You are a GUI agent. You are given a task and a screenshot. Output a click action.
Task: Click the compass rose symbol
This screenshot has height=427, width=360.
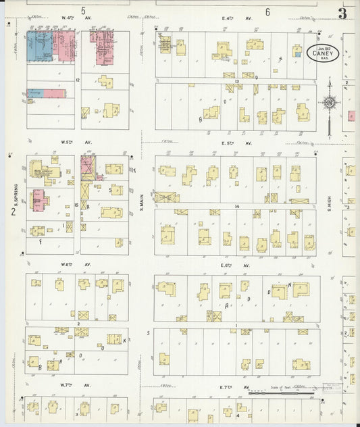click(330, 103)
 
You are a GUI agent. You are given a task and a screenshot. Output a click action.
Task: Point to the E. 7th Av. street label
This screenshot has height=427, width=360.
click(236, 387)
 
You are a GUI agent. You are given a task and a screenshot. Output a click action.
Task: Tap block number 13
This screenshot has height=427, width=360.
click(237, 80)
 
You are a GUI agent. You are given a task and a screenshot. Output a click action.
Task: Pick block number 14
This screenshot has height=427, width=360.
click(237, 205)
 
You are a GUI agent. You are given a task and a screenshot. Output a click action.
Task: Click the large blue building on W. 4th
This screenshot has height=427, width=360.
click(39, 46)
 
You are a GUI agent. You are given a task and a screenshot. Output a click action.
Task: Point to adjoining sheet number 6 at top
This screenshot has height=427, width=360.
click(267, 11)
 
